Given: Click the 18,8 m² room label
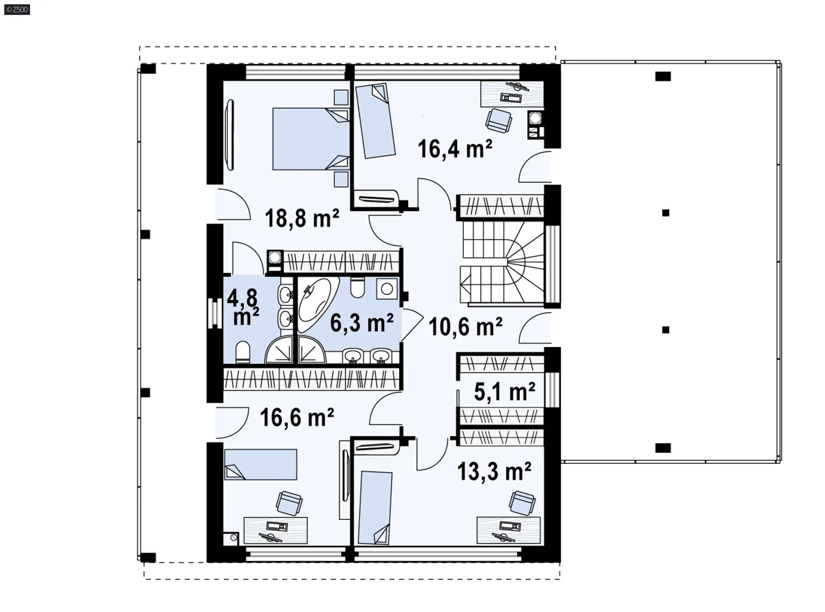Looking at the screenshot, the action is [x=302, y=218].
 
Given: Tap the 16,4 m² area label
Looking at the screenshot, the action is [x=455, y=149].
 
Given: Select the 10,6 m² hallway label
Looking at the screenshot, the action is [x=465, y=327].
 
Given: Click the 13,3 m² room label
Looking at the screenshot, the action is [x=494, y=471].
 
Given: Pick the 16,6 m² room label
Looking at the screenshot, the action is [x=297, y=417].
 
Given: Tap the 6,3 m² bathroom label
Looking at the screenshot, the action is [x=362, y=322].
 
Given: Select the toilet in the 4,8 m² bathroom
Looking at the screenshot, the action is [x=243, y=352].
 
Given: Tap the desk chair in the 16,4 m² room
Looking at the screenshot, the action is [x=498, y=119].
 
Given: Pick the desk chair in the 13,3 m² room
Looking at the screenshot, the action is [x=522, y=503].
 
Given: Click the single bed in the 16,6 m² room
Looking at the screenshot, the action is [x=260, y=464].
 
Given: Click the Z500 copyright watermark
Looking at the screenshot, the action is [x=17, y=9].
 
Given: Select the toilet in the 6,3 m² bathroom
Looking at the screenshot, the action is [x=357, y=287].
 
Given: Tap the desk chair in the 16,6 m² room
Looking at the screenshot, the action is [x=289, y=503].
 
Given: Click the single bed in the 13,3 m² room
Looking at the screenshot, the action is [x=376, y=508].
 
